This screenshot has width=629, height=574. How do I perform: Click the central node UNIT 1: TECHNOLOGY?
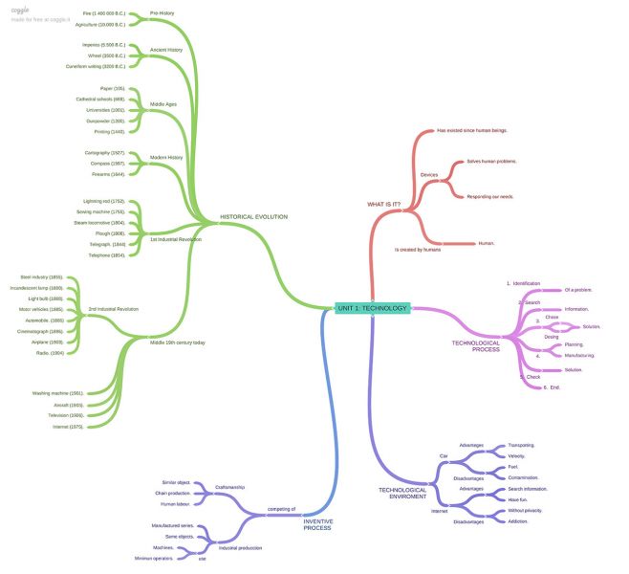(372, 308)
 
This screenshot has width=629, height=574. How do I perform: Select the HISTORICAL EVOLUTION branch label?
(254, 216)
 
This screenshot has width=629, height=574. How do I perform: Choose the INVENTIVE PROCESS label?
(317, 523)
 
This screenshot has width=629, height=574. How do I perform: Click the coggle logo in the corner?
(20, 10)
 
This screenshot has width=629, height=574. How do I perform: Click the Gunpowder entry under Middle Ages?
(106, 121)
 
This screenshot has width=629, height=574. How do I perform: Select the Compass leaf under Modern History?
(107, 164)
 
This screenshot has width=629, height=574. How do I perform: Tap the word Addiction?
(520, 521)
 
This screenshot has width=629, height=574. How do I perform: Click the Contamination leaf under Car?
(525, 476)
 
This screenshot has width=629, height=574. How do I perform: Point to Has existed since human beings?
(472, 130)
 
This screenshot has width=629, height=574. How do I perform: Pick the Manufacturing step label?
(579, 355)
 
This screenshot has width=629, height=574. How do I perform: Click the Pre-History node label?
(162, 13)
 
